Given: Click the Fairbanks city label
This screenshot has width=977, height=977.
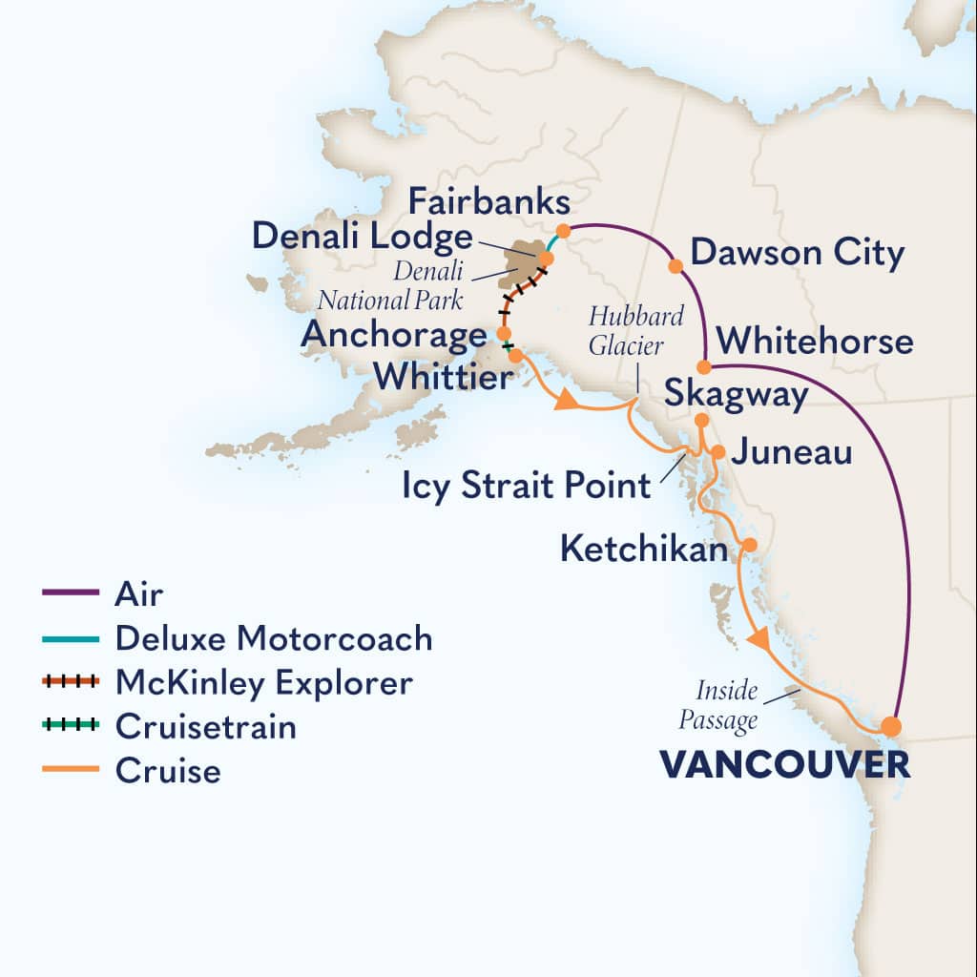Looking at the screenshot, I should [488, 202].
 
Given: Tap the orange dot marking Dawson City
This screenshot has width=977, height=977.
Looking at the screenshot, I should [676, 265].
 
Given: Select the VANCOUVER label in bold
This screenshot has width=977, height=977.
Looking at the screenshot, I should [783, 765].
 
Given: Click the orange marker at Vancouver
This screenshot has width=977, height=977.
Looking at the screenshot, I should [890, 726].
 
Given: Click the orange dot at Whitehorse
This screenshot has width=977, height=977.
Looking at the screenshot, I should [703, 367].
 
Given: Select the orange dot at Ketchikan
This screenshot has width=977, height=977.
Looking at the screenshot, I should [750, 545].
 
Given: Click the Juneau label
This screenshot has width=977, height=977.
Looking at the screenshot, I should [791, 451].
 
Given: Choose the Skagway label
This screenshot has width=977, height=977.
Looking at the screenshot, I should [736, 395].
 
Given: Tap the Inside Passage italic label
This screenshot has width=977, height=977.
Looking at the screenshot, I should [717, 705].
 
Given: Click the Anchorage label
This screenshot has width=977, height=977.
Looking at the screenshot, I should [393, 335].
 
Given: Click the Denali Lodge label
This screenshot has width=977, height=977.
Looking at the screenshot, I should [363, 238].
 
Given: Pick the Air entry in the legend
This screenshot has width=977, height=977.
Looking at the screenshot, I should [138, 593].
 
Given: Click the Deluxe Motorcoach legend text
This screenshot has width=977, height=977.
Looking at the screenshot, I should [273, 638].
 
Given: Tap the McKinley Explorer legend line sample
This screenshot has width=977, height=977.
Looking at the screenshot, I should [71, 682].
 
